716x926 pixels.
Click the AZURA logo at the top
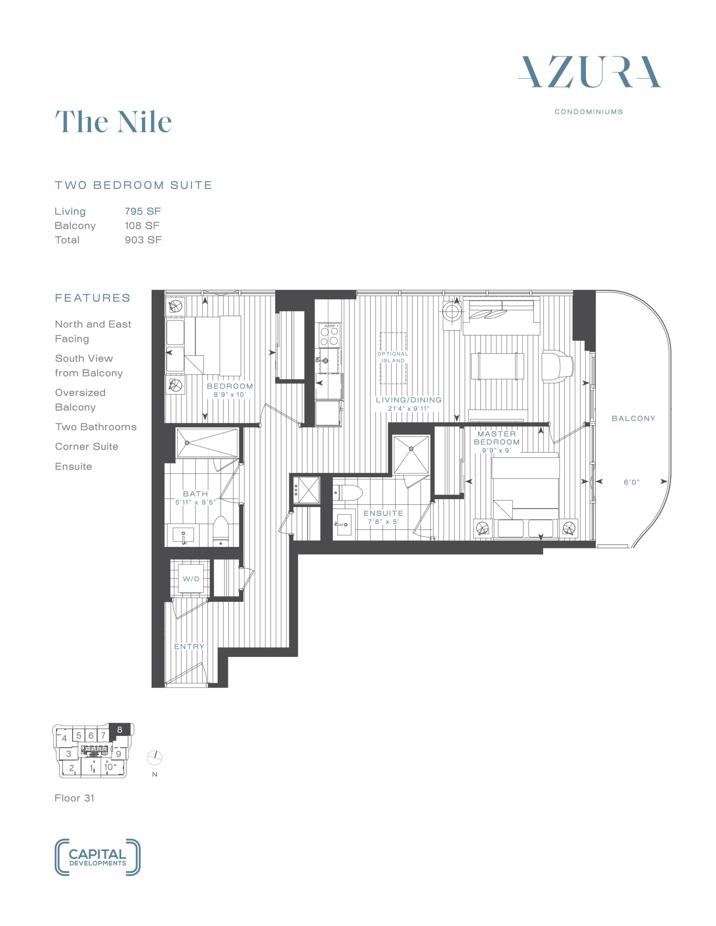[x=589, y=72]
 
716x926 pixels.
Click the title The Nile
[x=113, y=122]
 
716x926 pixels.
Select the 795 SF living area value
[x=143, y=211]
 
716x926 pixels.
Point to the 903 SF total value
[x=143, y=240]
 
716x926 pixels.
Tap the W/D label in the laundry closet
[x=191, y=579]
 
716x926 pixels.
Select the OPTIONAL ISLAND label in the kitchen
[x=393, y=357]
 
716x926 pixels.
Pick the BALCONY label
[x=633, y=419]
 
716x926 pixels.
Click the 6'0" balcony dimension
[x=632, y=482]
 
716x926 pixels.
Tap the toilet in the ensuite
[x=348, y=493]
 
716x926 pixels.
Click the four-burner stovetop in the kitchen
[x=330, y=335]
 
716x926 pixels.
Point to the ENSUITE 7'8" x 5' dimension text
[x=384, y=522]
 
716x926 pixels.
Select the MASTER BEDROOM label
[x=497, y=438]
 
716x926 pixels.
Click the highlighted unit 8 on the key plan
[x=120, y=730]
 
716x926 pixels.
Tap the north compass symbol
[x=155, y=757]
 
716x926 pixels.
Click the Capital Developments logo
[x=98, y=857]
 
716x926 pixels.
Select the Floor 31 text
[x=74, y=798]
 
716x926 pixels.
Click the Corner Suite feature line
[x=87, y=446]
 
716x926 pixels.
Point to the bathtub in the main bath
[x=207, y=443]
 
